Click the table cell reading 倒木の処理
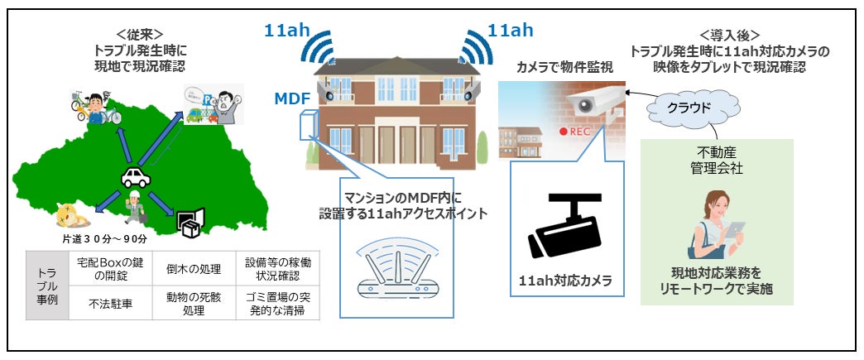[x=193, y=267]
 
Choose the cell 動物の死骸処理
[x=193, y=303]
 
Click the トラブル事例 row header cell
[x=46, y=286]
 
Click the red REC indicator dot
[x=563, y=132]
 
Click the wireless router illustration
[x=396, y=272]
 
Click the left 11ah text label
[x=287, y=31]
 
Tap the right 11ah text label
[x=510, y=31]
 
